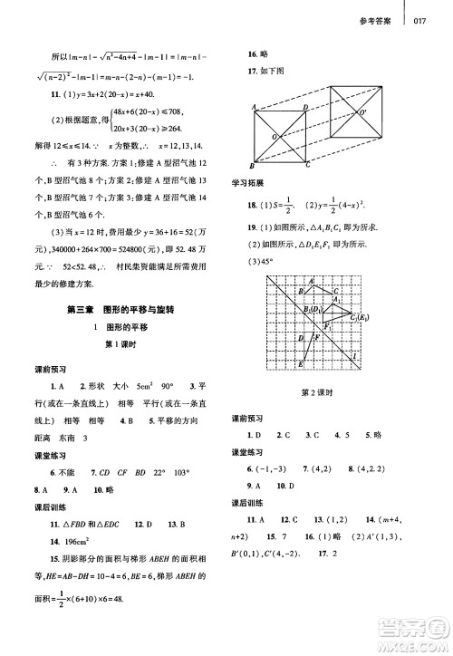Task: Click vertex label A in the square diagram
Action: pos(256,108)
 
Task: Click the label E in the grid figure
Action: pos(301,365)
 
